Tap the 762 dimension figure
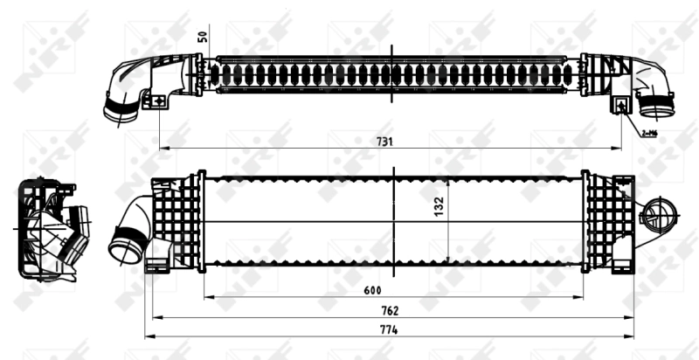pyautogui.click(x=391, y=310)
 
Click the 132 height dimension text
pyautogui.click(x=440, y=206)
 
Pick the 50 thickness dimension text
pyautogui.click(x=203, y=37)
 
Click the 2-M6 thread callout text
pyautogui.click(x=648, y=133)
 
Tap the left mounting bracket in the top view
pyautogui.click(x=160, y=100)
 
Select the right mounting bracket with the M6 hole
pyautogui.click(x=622, y=105)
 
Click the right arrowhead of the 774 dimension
pyautogui.click(x=633, y=336)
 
